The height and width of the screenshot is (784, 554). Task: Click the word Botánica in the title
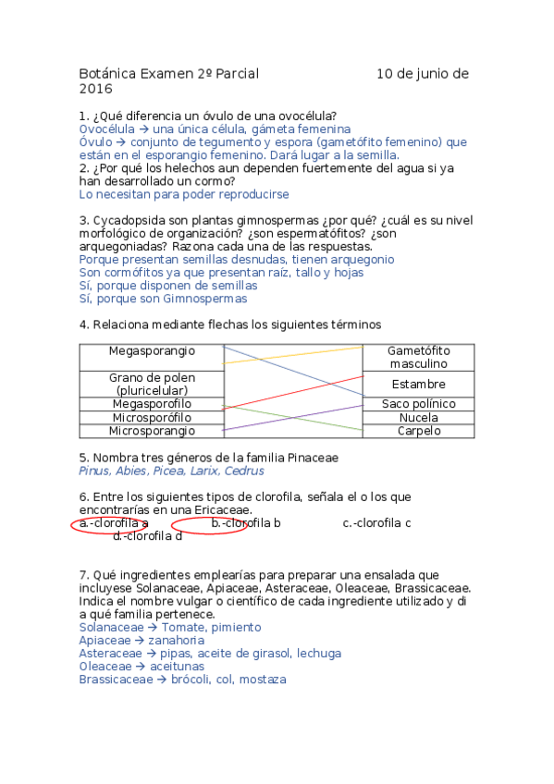click(104, 74)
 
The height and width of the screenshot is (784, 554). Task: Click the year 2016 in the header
click(95, 90)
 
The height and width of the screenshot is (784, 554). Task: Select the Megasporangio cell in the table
click(152, 351)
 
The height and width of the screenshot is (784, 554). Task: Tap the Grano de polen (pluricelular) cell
click(152, 385)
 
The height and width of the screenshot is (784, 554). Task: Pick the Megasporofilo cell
click(152, 404)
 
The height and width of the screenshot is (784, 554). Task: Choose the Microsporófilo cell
click(152, 418)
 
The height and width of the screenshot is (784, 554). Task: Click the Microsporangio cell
click(152, 431)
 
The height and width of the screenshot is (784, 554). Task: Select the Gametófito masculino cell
click(418, 358)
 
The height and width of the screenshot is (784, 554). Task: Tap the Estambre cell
click(418, 385)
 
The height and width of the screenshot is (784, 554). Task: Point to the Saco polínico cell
click(418, 404)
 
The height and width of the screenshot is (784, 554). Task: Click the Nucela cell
click(418, 418)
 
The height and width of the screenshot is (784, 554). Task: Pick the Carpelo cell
click(418, 431)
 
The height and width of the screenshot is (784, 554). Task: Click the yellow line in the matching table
click(293, 355)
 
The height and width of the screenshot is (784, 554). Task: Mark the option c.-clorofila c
click(376, 523)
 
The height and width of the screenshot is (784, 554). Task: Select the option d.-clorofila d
click(147, 536)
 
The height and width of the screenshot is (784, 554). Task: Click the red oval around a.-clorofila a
click(74, 524)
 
